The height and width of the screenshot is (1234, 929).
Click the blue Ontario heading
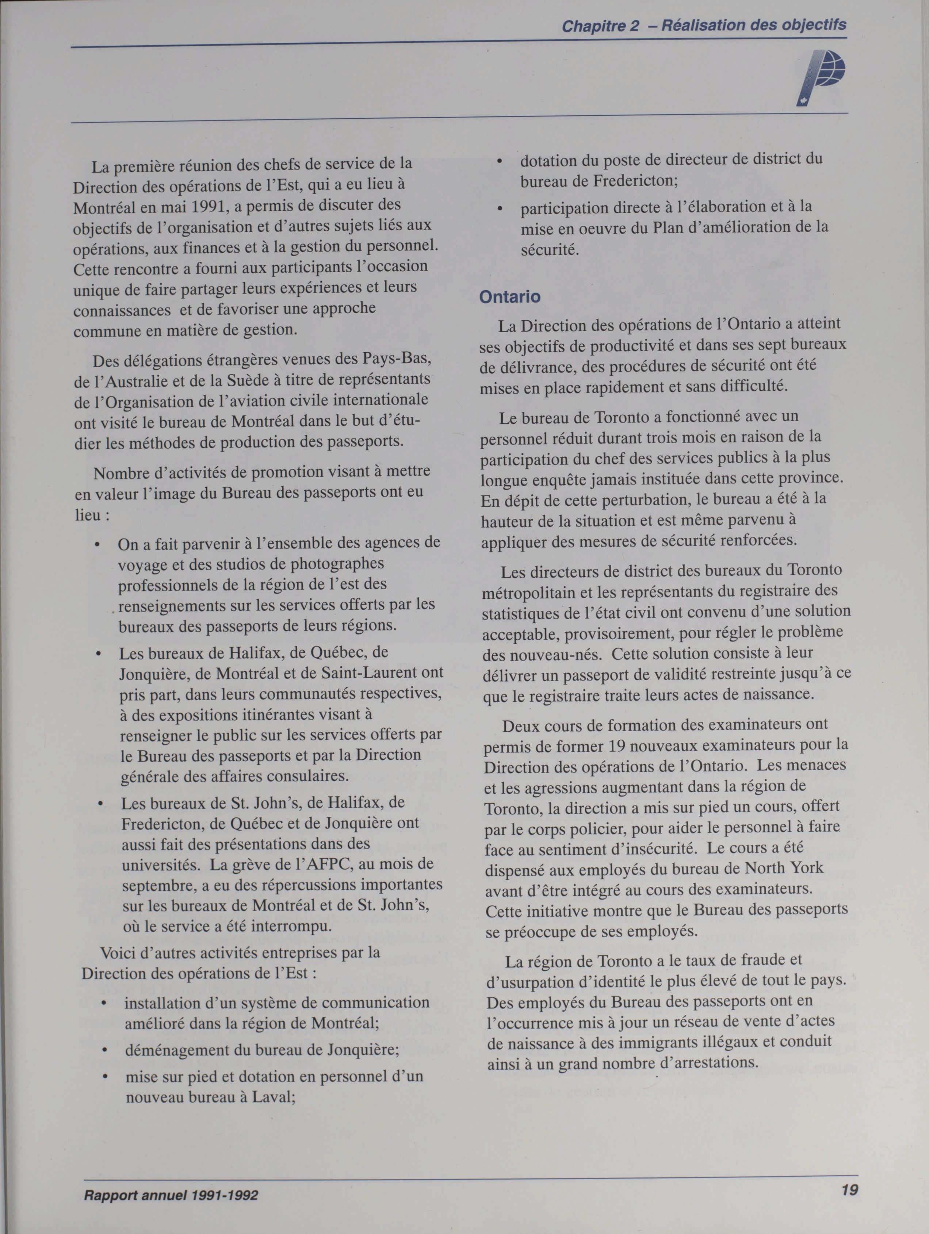pos(509,297)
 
